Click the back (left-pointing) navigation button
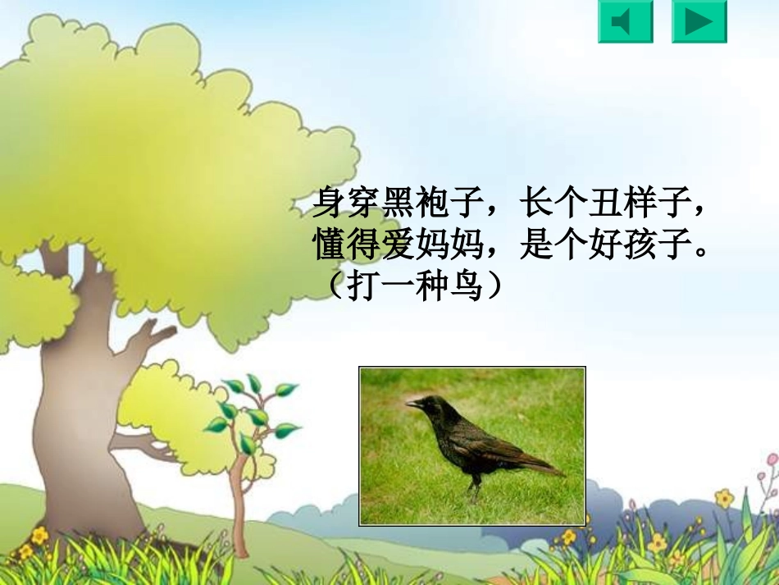pyautogui.click(x=625, y=22)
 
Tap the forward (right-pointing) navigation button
pyautogui.click(x=699, y=22)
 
